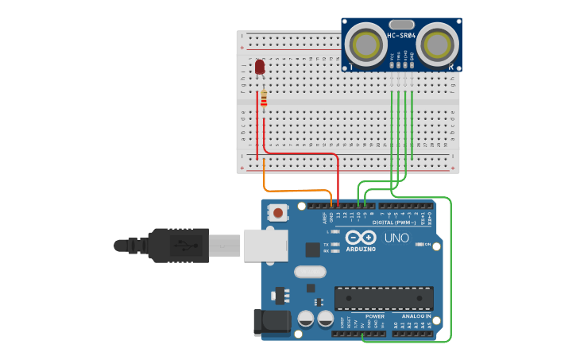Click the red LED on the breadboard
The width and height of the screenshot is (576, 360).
pyautogui.click(x=260, y=67)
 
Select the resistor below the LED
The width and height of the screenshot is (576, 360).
pyautogui.click(x=264, y=99)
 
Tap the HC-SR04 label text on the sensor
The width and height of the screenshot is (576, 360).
pyautogui.click(x=401, y=36)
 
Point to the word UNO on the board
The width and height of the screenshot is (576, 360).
pyautogui.click(x=396, y=238)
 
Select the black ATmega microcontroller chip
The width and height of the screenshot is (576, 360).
pyautogui.click(x=384, y=298)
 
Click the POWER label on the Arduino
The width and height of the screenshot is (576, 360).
pyautogui.click(x=375, y=316)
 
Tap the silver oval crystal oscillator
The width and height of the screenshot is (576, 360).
pyautogui.click(x=310, y=272)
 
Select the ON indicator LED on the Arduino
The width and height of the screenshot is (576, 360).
pyautogui.click(x=419, y=244)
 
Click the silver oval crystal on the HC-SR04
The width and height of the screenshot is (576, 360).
pyautogui.click(x=402, y=25)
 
